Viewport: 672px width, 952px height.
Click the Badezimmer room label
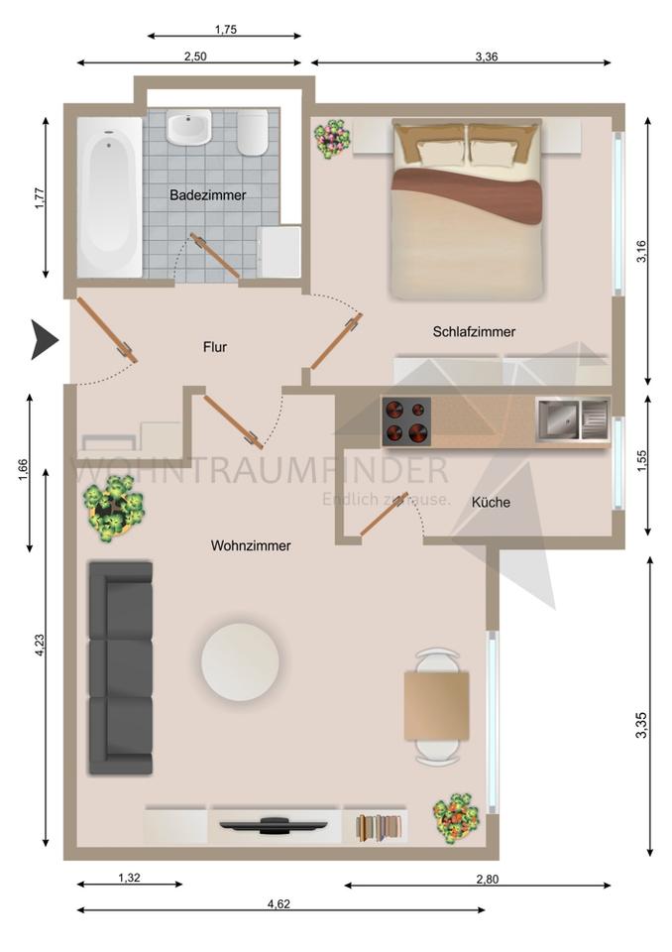tap(207, 195)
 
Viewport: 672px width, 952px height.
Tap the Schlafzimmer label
tap(474, 332)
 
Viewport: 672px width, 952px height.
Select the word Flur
tap(215, 347)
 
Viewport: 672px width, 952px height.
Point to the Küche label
tap(491, 502)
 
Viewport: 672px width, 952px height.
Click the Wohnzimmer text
tap(251, 545)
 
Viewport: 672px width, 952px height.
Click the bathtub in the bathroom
tap(109, 197)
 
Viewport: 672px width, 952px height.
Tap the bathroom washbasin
tap(188, 126)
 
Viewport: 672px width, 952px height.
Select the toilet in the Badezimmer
tap(253, 132)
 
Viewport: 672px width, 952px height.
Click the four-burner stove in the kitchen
tap(406, 422)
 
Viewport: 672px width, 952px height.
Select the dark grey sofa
tap(121, 667)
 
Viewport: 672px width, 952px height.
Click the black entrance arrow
tap(44, 340)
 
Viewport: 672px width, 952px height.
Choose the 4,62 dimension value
tap(279, 904)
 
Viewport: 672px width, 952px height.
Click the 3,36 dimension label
tap(487, 58)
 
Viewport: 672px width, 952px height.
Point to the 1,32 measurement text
tap(129, 878)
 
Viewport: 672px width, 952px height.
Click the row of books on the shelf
tap(379, 828)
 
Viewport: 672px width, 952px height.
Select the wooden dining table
tap(437, 705)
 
